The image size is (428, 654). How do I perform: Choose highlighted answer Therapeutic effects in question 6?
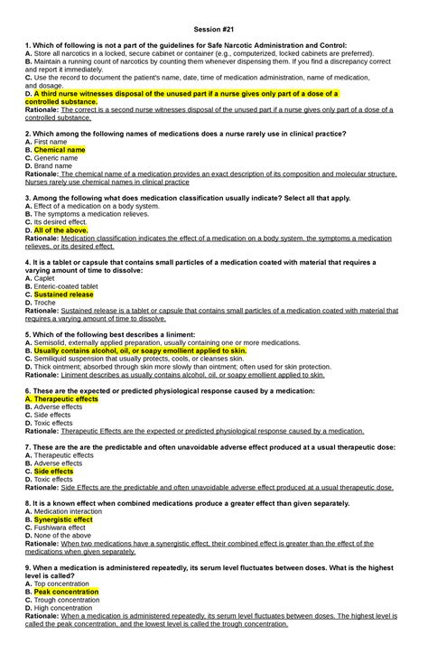(x=65, y=398)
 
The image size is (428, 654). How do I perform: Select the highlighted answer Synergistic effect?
(x=63, y=519)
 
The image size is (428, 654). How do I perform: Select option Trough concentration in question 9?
(x=70, y=600)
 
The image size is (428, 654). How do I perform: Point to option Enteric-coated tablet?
(x=71, y=286)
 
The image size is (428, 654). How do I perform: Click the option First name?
(x=52, y=142)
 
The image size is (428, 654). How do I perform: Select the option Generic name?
(x=58, y=158)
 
